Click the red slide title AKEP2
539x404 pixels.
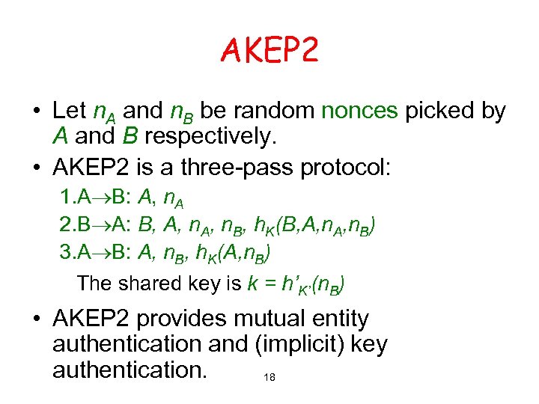pyautogui.click(x=269, y=51)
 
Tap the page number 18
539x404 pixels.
pyautogui.click(x=269, y=378)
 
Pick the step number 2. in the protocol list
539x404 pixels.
pyautogui.click(x=68, y=226)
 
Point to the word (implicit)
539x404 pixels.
pyautogui.click(x=287, y=345)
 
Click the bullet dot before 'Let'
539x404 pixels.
pyautogui.click(x=36, y=111)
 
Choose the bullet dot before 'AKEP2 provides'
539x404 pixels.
pyautogui.click(x=36, y=319)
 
